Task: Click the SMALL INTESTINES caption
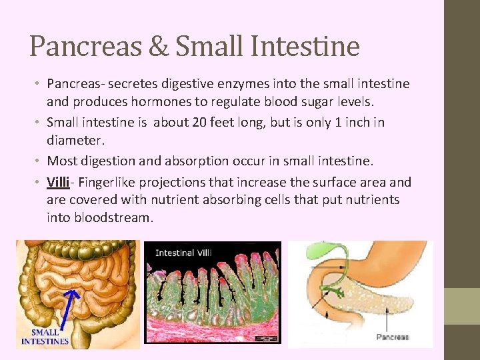pos(45,336)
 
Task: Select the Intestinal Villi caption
pos(185,253)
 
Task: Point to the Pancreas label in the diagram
pos(393,337)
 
